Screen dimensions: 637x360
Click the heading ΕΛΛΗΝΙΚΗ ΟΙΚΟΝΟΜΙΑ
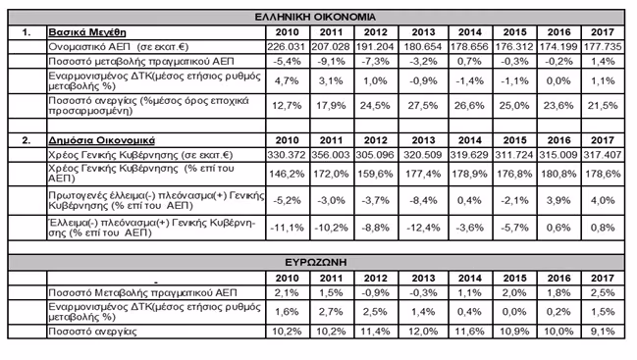[315, 17]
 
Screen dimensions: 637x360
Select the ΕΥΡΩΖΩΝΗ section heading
[316, 262]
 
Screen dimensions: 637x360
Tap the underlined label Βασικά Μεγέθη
[87, 32]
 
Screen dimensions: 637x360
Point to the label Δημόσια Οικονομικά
[101, 140]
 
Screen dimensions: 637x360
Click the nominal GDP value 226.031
[287, 47]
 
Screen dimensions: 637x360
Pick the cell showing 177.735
[603, 47]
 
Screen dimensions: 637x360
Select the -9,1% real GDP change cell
[331, 61]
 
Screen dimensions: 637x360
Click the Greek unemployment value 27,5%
[423, 106]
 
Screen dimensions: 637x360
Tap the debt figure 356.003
[331, 155]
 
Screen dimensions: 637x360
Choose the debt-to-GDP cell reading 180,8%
[558, 174]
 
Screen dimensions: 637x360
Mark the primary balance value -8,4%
[423, 200]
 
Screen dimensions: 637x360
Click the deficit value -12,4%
[423, 228]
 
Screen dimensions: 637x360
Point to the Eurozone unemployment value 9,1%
[603, 332]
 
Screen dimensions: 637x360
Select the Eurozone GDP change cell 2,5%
[603, 292]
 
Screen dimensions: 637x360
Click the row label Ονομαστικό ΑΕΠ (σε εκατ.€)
[119, 47]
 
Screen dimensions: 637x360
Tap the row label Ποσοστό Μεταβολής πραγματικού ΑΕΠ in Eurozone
[142, 292]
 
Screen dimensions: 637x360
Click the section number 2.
[26, 140]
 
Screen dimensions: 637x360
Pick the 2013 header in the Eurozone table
[423, 278]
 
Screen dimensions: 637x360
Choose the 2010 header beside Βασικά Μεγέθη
[288, 32]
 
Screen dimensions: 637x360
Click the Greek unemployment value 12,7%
[287, 106]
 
